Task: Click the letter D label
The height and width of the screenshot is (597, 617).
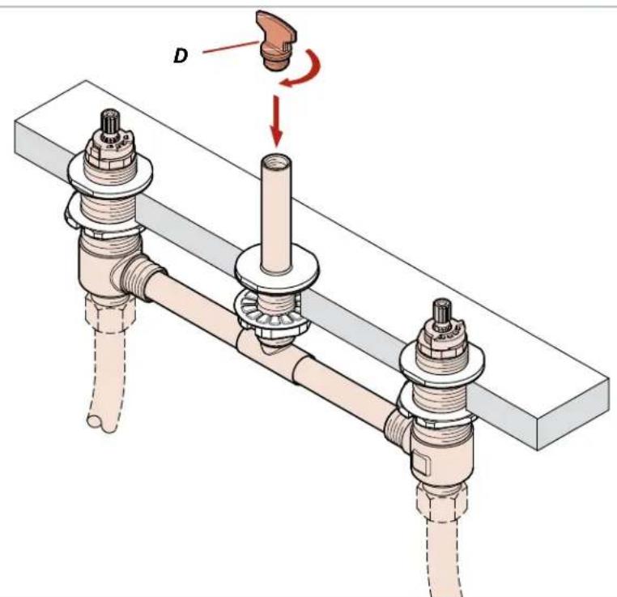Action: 181,56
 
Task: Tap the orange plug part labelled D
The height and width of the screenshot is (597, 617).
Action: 277,41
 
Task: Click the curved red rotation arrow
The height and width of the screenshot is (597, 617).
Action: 304,70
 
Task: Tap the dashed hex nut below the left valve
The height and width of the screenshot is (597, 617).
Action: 111,312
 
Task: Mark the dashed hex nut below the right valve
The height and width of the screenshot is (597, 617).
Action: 442,501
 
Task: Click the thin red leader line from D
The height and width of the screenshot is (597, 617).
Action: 231,47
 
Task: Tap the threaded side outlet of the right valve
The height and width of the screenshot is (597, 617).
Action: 398,429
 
